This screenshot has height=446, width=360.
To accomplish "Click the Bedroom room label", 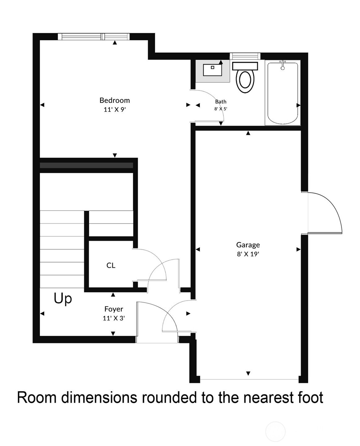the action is point(115,100).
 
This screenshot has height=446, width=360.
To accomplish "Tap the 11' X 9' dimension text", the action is point(115,110).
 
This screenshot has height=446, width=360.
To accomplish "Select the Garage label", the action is point(248,245).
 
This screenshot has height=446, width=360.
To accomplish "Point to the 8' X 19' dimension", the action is point(248,254).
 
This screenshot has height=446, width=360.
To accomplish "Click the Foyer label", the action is point(114,309).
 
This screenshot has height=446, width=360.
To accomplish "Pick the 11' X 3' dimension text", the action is point(114,318).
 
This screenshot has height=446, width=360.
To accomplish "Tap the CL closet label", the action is point(111,265).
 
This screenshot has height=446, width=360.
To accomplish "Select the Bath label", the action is point(221,102).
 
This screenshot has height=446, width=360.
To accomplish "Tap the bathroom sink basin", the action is point(212,70).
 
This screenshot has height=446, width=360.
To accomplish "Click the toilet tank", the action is point(245,66).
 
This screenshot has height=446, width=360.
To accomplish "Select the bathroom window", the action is point(245,56).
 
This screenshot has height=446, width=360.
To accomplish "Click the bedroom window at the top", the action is point(93,37).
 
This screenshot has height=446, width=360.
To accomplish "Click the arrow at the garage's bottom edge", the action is point(248,373).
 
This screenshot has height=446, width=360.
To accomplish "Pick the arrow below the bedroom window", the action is point(115,42).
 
